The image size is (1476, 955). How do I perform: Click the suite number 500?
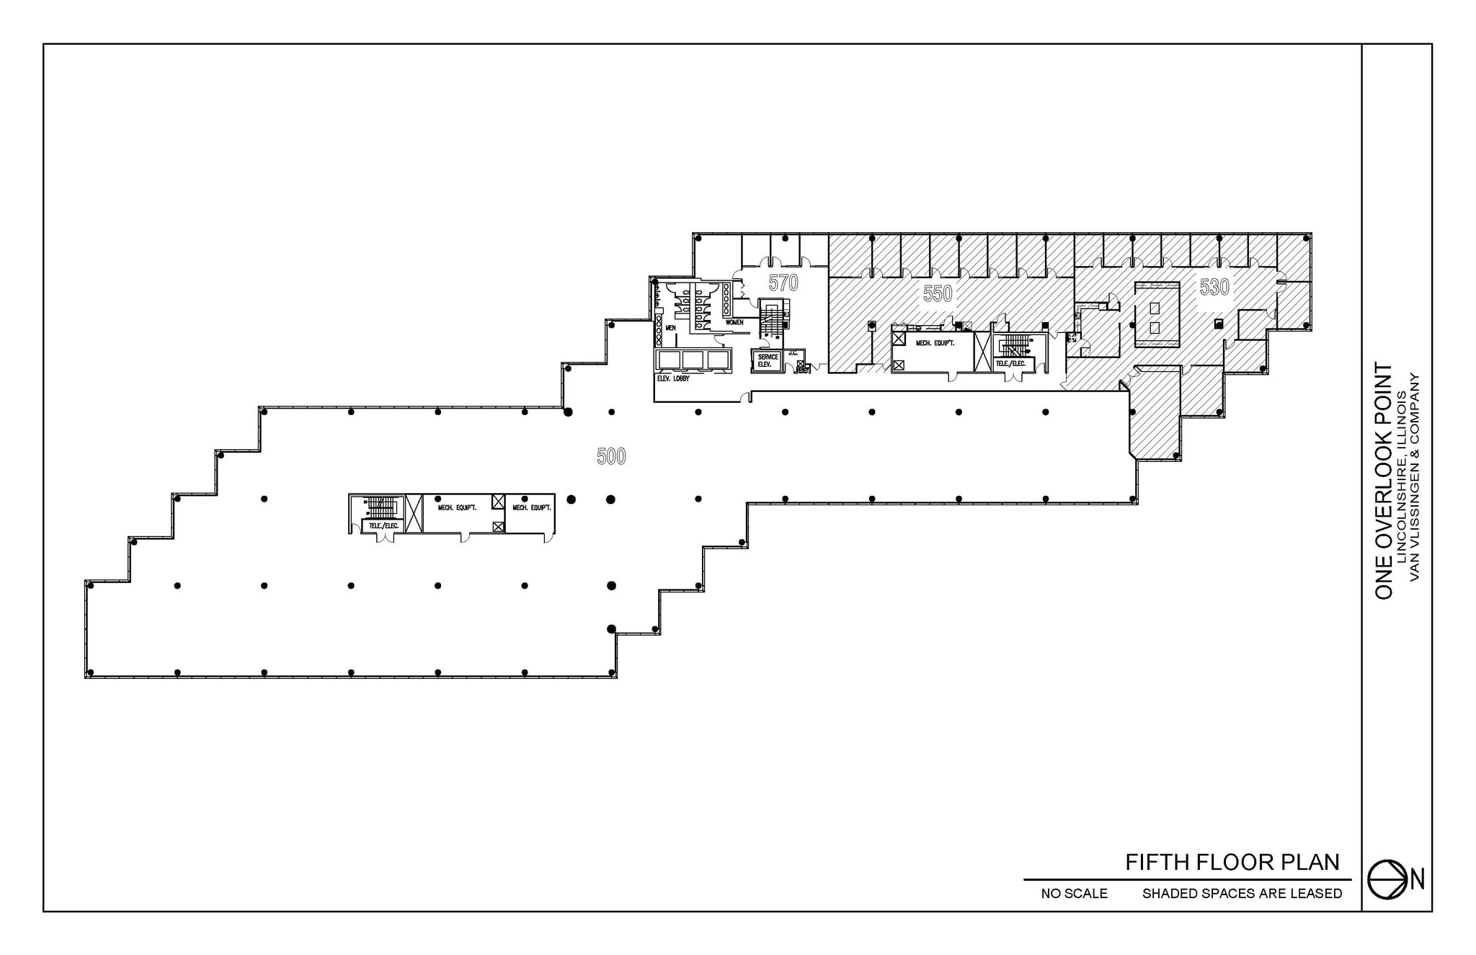(x=611, y=456)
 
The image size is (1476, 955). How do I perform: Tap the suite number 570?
(x=783, y=283)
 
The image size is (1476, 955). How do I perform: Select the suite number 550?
(x=938, y=293)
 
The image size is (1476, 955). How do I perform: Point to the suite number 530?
(x=1214, y=287)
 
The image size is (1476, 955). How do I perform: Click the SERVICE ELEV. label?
(x=768, y=360)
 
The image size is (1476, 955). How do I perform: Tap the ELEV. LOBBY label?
(x=672, y=378)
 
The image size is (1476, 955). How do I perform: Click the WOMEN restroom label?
(x=734, y=322)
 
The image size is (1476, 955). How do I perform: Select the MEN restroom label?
(x=670, y=328)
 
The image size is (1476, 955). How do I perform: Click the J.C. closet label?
(x=792, y=353)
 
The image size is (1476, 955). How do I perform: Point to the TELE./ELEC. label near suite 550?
(x=1010, y=364)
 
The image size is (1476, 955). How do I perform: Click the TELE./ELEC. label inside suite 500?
(x=383, y=525)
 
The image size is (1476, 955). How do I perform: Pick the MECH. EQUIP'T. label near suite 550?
(x=935, y=343)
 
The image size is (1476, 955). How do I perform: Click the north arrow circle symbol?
(x=1387, y=879)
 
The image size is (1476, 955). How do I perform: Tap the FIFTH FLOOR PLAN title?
(x=1232, y=862)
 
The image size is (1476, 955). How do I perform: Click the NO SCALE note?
(x=1074, y=894)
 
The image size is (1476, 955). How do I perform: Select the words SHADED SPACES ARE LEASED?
(x=1242, y=894)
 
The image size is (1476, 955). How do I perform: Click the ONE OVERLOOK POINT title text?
(x=1384, y=480)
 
